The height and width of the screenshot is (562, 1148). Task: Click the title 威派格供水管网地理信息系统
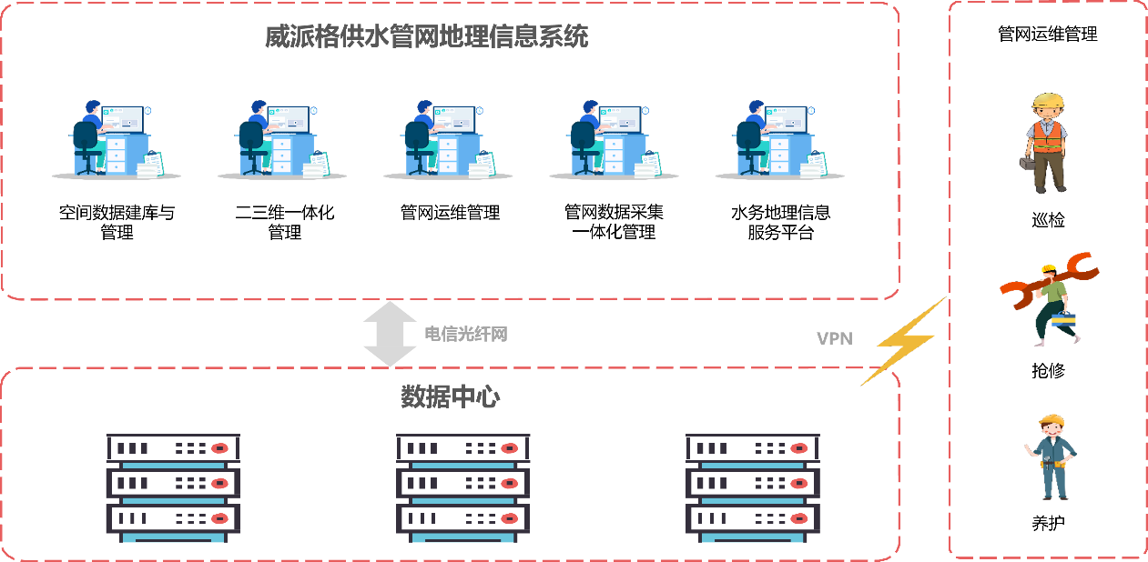426,37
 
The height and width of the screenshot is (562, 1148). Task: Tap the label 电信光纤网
465,335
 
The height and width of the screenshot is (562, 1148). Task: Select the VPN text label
834,339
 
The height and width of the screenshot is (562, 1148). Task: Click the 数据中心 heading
450,397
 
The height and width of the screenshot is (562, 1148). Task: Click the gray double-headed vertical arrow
390,334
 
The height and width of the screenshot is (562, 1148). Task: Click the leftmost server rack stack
173,487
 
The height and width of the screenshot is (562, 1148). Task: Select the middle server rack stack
462,487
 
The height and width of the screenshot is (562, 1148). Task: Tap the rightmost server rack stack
752,487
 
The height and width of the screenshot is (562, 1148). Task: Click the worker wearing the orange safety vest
1047,143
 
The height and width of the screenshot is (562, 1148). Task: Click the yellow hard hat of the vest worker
1048,100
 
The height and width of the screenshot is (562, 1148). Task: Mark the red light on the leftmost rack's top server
219,448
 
